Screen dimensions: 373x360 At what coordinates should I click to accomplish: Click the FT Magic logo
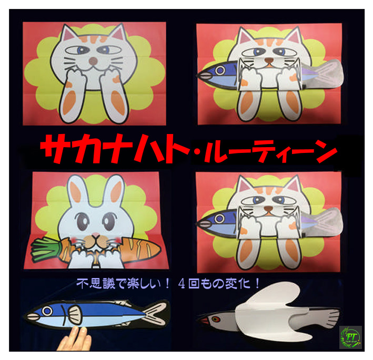point(351,337)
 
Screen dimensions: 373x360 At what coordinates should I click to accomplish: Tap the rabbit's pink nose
point(96,235)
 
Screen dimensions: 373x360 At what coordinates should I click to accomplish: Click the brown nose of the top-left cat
point(93,61)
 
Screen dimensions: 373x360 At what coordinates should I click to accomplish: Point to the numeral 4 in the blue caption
point(182,283)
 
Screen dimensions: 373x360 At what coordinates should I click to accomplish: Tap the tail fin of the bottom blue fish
point(156,313)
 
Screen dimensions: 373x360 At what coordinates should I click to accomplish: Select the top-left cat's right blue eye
point(105,49)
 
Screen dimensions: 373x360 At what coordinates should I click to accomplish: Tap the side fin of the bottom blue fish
point(76,313)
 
